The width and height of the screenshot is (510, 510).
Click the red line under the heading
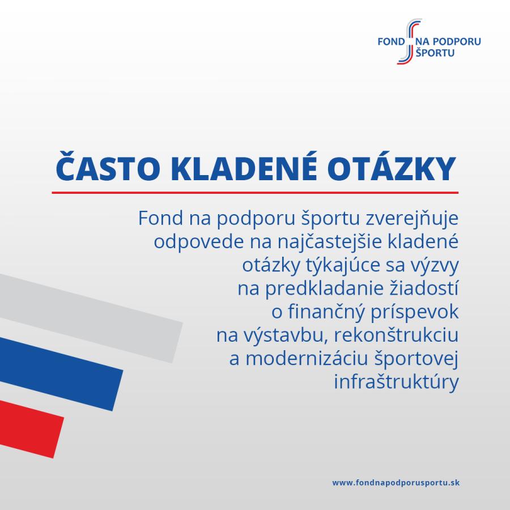tap(255, 193)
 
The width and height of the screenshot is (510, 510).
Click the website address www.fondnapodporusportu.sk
tap(396, 483)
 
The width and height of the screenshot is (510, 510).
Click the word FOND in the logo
tap(391, 41)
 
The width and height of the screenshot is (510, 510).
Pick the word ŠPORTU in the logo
tap(435, 52)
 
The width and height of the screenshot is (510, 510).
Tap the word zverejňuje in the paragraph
tap(412, 219)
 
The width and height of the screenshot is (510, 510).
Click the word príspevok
tap(414, 312)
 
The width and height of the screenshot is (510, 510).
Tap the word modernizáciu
tap(307, 359)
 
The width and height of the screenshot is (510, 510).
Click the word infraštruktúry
tap(396, 382)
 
